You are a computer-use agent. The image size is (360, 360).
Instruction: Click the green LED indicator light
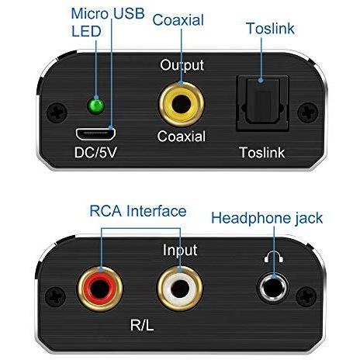[96, 106]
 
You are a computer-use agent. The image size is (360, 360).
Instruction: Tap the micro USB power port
[95, 134]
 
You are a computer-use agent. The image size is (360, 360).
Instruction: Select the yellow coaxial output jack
[182, 104]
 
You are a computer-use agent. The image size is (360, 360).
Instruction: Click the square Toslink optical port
[263, 103]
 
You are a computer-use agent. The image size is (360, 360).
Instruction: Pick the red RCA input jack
[100, 289]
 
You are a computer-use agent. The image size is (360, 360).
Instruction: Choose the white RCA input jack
[180, 289]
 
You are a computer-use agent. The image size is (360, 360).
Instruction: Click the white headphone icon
[274, 258]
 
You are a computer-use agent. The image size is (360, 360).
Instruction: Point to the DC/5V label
[95, 153]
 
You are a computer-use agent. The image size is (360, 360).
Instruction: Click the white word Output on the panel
[182, 65]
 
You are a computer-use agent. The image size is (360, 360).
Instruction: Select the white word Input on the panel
[180, 250]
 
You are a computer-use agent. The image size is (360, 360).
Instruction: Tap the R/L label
[142, 325]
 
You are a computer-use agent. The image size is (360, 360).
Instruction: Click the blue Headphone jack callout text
[267, 218]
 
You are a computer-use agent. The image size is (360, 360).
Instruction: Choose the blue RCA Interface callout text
[138, 211]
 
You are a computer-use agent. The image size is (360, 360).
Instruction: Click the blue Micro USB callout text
[108, 13]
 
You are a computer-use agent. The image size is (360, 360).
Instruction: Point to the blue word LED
[86, 31]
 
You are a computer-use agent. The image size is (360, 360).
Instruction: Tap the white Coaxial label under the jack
[182, 137]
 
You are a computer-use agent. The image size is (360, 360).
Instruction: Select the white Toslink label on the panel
[262, 152]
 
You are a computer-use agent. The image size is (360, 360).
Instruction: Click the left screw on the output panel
[57, 112]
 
